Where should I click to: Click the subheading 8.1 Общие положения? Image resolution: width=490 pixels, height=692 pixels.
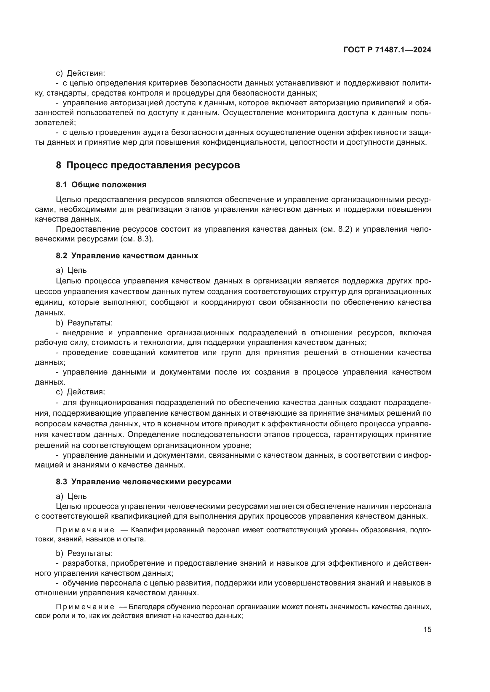(x=101, y=185)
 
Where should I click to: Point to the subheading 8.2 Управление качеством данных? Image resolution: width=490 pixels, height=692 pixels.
(x=127, y=256)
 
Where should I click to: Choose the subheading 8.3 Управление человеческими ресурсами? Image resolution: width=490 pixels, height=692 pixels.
(x=143, y=482)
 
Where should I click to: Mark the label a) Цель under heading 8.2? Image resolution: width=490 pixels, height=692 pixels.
(x=71, y=270)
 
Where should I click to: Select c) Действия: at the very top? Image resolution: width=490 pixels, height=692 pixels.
(x=80, y=73)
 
